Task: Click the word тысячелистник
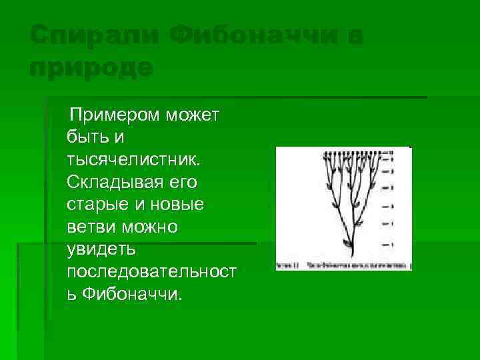(x=133, y=161)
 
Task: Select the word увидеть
(x=101, y=250)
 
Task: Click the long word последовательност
(x=153, y=273)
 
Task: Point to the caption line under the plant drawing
(x=343, y=265)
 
